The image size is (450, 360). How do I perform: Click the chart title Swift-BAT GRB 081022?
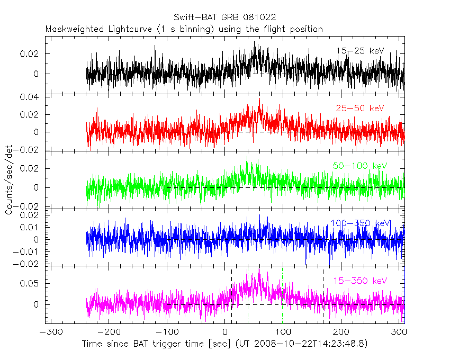click(x=224, y=17)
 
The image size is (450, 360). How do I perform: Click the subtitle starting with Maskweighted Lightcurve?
click(x=184, y=29)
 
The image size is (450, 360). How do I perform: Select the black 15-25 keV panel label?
click(x=359, y=51)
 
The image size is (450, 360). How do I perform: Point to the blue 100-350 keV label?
click(x=360, y=223)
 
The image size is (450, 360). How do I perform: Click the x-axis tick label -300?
click(x=48, y=332)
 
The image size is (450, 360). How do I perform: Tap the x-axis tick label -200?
click(x=106, y=332)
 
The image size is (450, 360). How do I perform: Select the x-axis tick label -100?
click(x=165, y=332)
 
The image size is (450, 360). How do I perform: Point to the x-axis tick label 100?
click(x=283, y=332)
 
